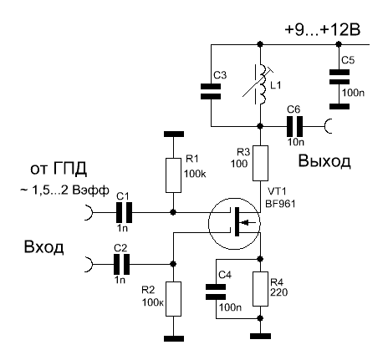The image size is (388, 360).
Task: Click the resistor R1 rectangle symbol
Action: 173,175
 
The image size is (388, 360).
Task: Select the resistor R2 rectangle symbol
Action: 173,299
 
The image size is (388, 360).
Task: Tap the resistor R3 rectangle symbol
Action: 260,163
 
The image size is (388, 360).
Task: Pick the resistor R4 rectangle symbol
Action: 260,289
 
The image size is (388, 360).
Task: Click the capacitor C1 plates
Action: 124,212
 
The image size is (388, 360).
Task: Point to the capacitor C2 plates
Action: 121,264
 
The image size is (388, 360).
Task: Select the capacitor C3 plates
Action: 211,91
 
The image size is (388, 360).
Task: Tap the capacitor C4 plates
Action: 216,292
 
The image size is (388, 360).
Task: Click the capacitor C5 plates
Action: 339,77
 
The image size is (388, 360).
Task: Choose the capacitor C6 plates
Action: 295,126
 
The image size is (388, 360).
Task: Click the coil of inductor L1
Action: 263,84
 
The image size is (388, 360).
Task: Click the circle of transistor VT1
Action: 234,224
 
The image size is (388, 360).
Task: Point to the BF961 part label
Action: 280,204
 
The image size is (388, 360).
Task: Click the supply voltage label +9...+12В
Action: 323,29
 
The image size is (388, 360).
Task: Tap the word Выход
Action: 324,161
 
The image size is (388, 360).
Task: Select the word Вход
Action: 43,246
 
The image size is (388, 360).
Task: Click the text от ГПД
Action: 59,169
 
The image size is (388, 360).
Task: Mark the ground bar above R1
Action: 174,134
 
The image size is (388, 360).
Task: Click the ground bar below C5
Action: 339,106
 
